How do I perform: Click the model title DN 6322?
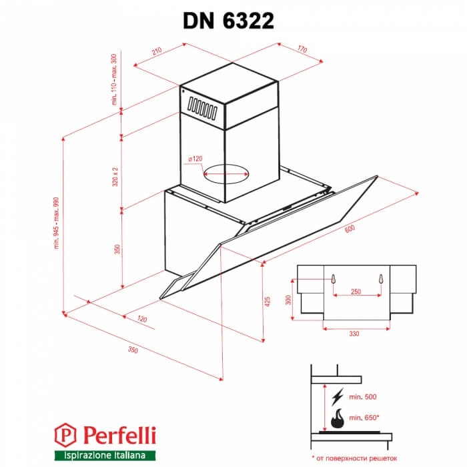click(228, 21)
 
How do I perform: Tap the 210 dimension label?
click(157, 51)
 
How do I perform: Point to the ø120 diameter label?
click(195, 158)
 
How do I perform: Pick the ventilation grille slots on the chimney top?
click(203, 107)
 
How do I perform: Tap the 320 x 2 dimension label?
click(116, 175)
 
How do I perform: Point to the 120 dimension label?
click(141, 320)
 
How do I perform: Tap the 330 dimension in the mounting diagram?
click(354, 332)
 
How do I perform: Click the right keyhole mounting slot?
click(381, 280)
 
